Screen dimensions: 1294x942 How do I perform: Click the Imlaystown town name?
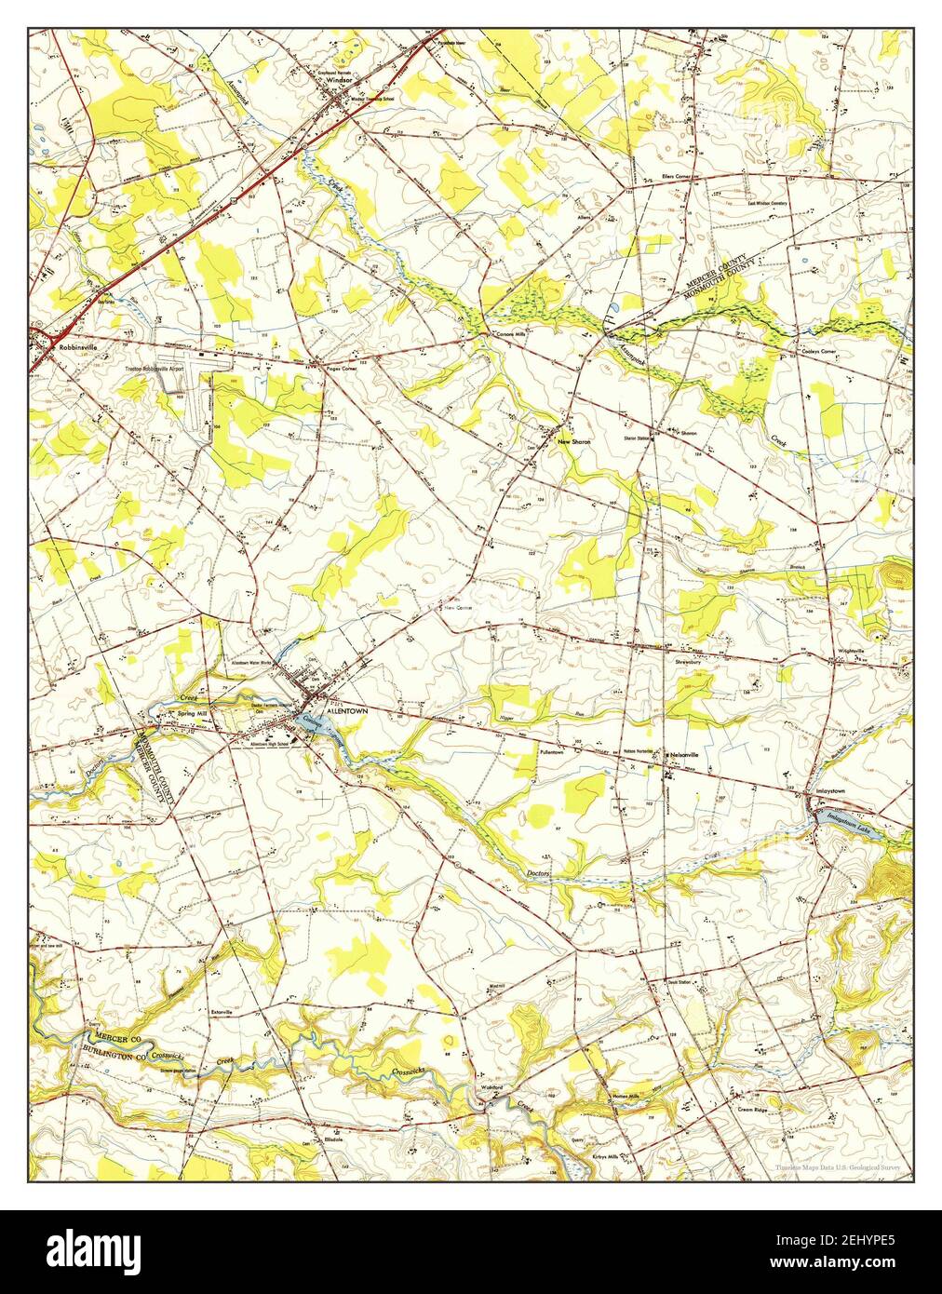(829, 790)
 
